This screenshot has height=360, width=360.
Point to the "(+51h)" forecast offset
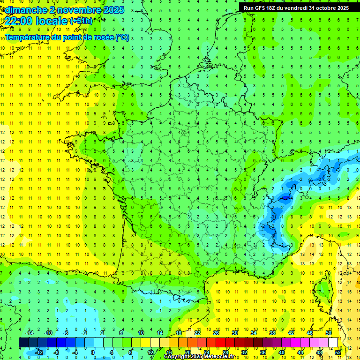coord(81,21)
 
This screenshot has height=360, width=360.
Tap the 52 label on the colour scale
coord(338,352)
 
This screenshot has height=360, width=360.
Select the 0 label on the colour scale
coord(92,352)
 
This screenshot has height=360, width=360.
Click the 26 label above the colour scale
coord(216,333)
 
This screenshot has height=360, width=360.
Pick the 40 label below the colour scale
coord(281,352)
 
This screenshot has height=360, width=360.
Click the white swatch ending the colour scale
coord(333,342)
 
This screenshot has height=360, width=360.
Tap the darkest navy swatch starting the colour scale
coord(23,342)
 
